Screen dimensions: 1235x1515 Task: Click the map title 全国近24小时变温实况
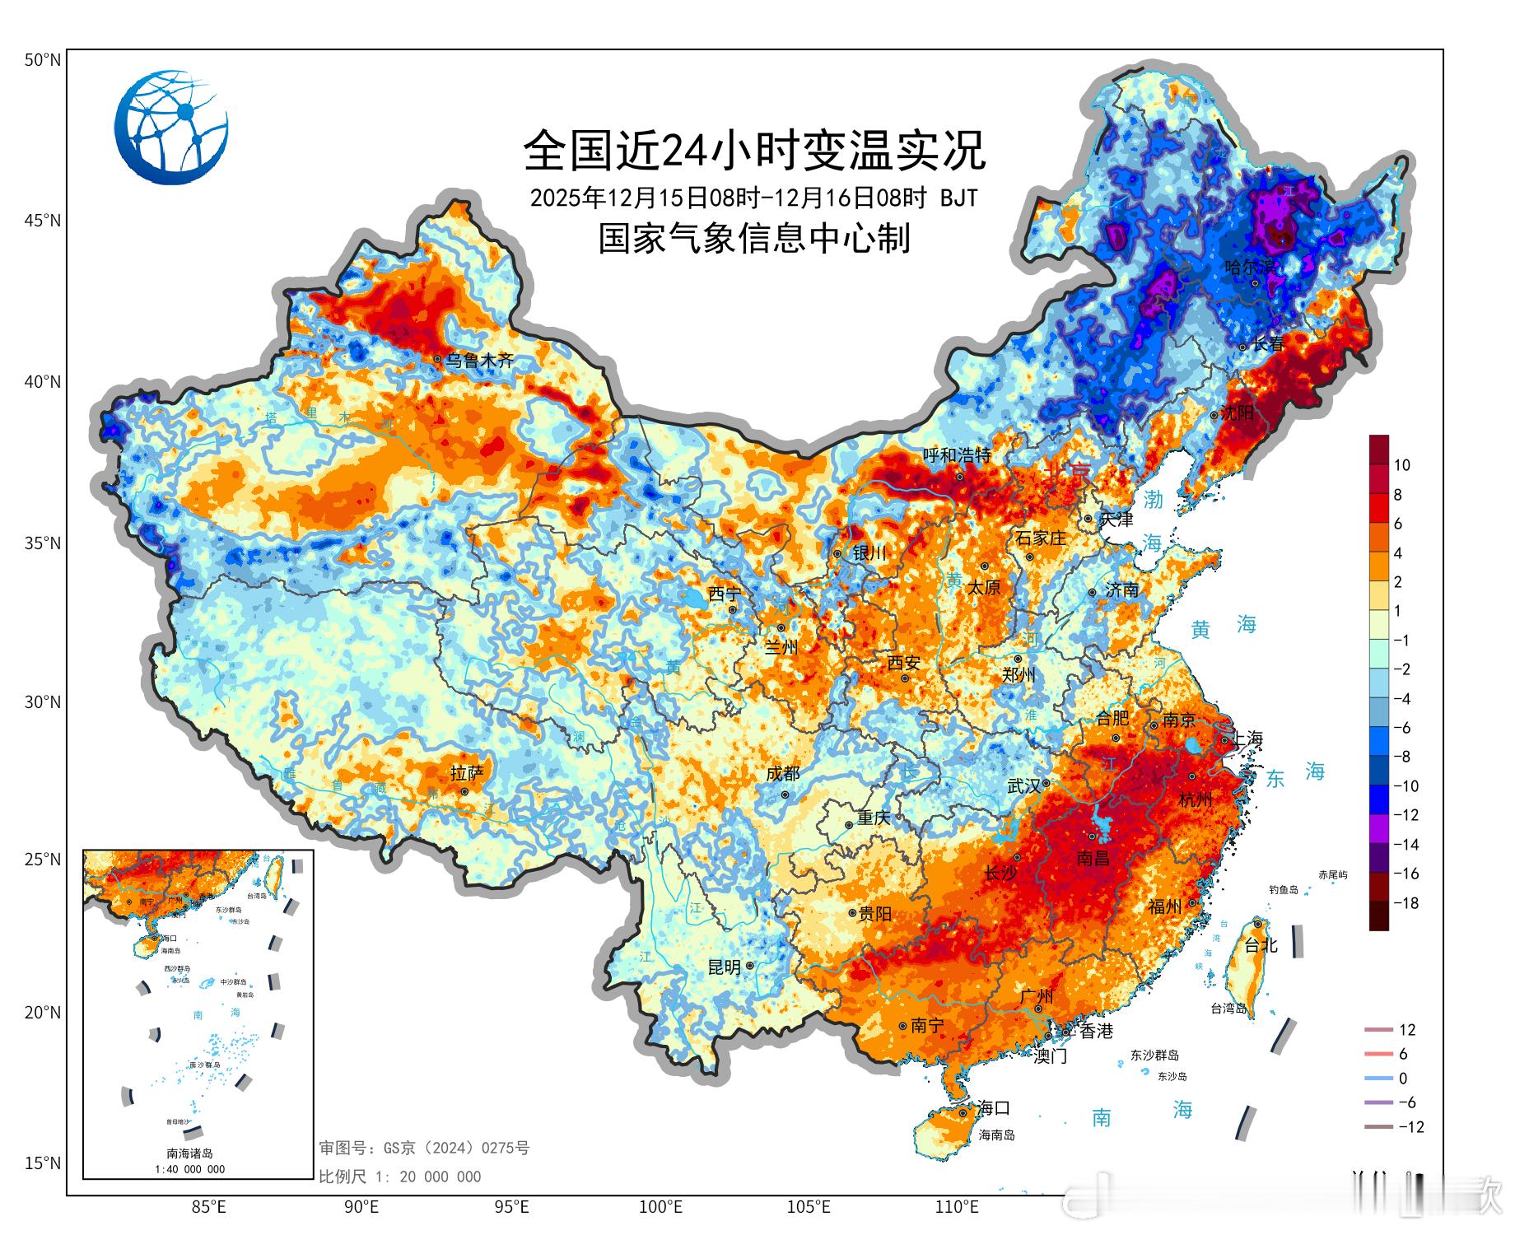pyautogui.click(x=754, y=150)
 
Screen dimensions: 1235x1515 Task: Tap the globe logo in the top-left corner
pyautogui.click(x=171, y=128)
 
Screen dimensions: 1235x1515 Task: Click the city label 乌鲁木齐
pyautogui.click(x=479, y=360)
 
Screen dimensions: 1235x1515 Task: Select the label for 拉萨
pyautogui.click(x=467, y=773)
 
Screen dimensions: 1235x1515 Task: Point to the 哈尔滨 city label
pyautogui.click(x=1250, y=267)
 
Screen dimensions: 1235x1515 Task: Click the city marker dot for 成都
pyautogui.click(x=785, y=795)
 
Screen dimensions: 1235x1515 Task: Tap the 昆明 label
pyautogui.click(x=724, y=967)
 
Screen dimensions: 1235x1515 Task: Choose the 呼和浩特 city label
pyautogui.click(x=956, y=455)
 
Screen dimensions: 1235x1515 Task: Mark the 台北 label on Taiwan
pyautogui.click(x=1261, y=945)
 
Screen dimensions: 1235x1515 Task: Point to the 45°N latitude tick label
pyautogui.click(x=42, y=221)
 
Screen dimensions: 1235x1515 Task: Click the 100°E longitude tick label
pyautogui.click(x=660, y=1208)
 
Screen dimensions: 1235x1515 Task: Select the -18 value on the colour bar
pyautogui.click(x=1405, y=903)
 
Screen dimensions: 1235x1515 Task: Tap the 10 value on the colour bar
pyautogui.click(x=1401, y=465)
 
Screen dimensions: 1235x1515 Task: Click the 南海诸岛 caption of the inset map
pyautogui.click(x=189, y=1153)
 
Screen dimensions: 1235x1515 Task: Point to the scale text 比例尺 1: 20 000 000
pyautogui.click(x=399, y=1177)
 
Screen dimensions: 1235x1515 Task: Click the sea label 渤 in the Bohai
pyautogui.click(x=1153, y=499)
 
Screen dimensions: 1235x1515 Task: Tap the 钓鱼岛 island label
pyautogui.click(x=1283, y=889)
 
